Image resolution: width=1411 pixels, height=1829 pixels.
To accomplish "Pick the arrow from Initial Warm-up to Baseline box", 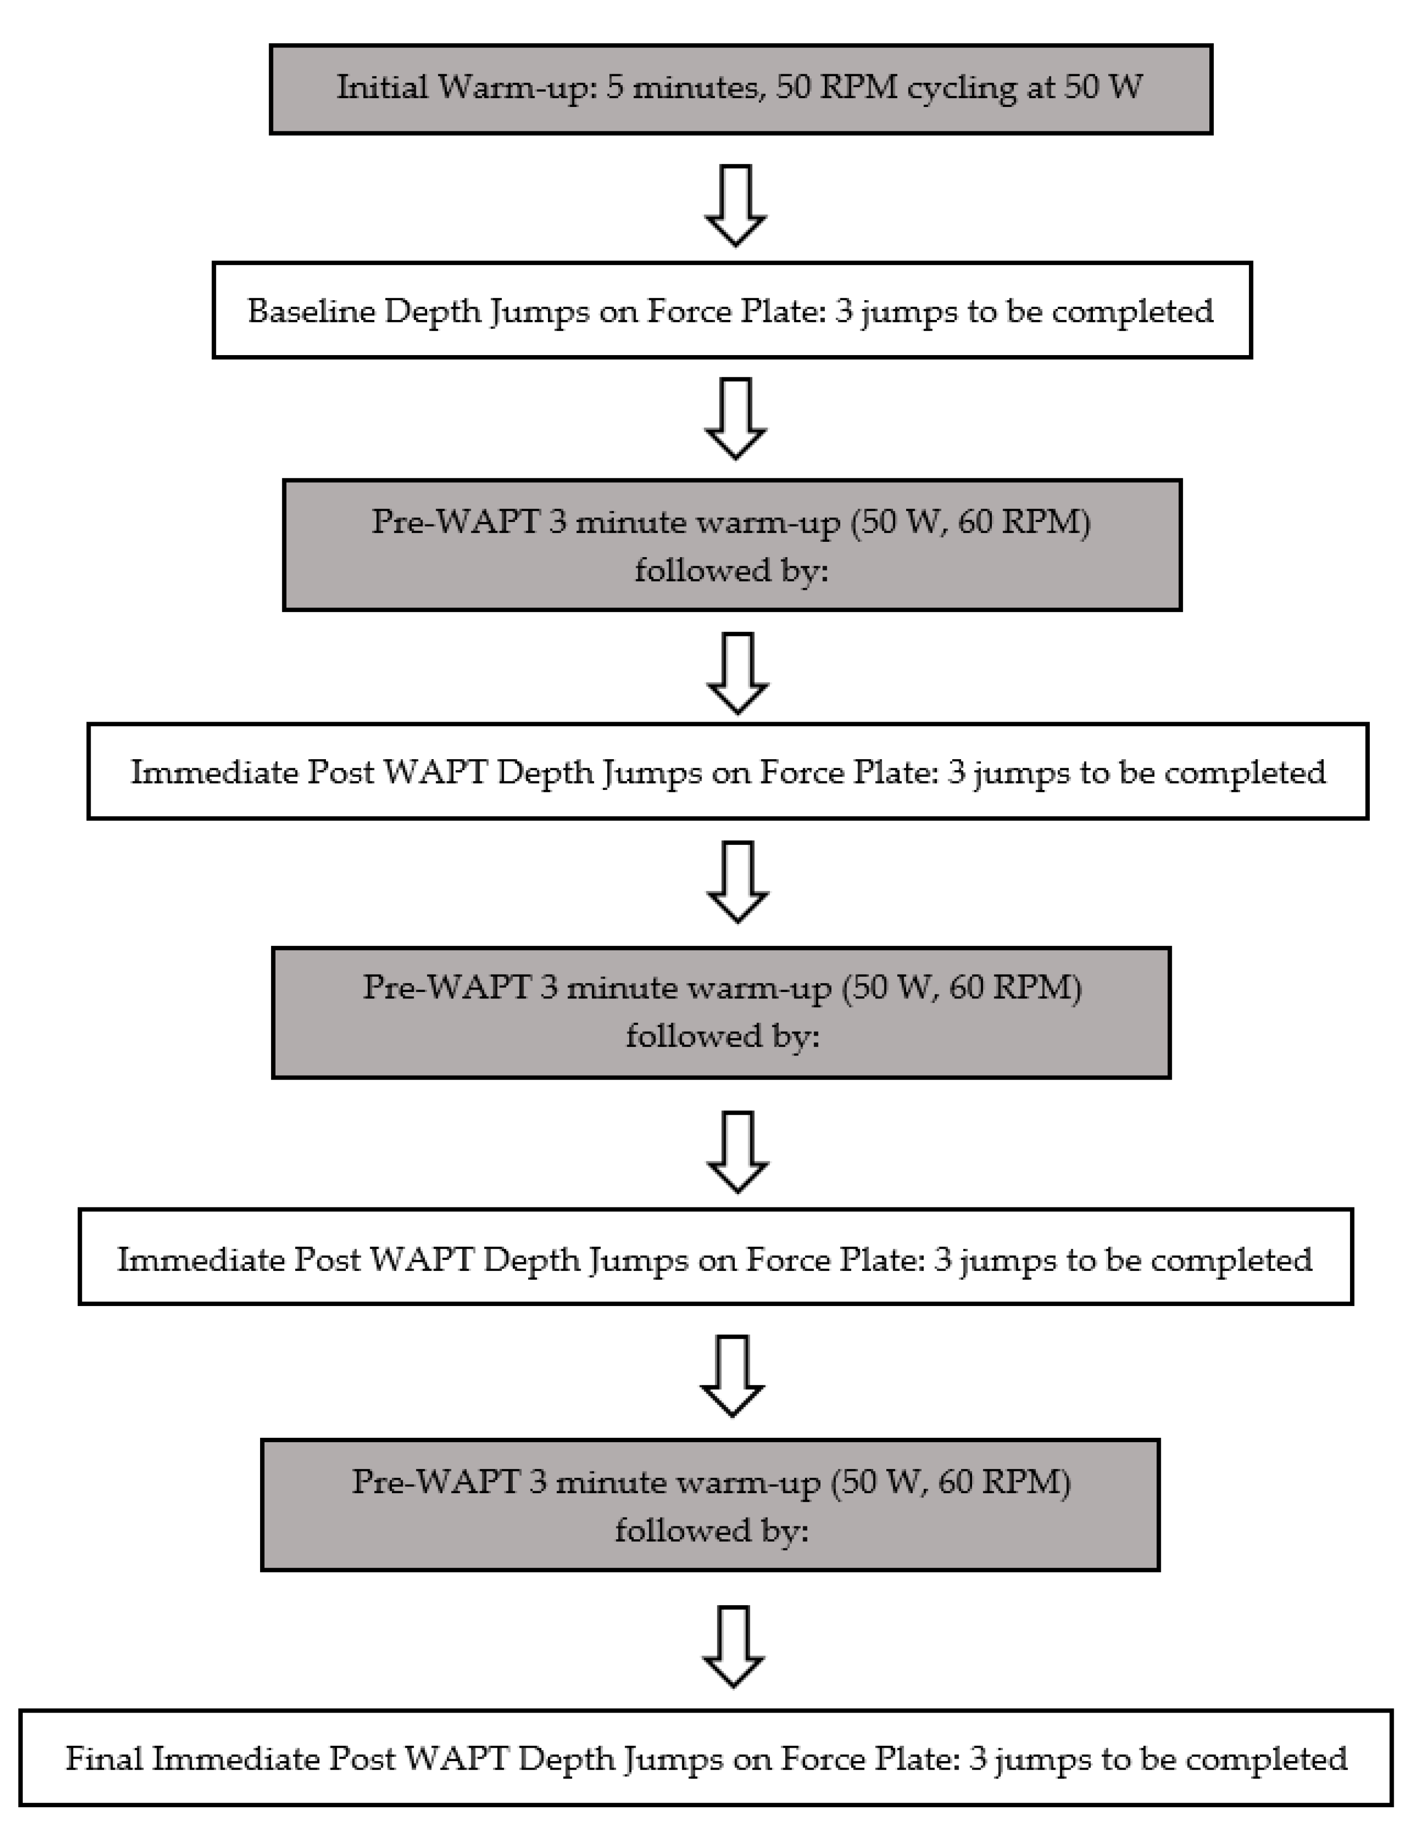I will [x=735, y=205].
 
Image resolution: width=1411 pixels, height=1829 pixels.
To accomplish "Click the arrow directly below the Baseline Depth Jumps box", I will [x=735, y=418].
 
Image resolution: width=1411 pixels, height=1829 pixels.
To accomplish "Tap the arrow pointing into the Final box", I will [x=733, y=1646].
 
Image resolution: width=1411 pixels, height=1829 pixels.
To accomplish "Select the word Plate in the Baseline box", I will [x=783, y=312].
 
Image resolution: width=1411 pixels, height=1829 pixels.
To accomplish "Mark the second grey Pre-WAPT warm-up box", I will [x=720, y=1012].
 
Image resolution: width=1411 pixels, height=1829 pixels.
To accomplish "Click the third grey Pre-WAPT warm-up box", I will [x=709, y=1505].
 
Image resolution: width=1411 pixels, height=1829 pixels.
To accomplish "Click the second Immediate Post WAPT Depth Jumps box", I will [x=715, y=1259].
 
